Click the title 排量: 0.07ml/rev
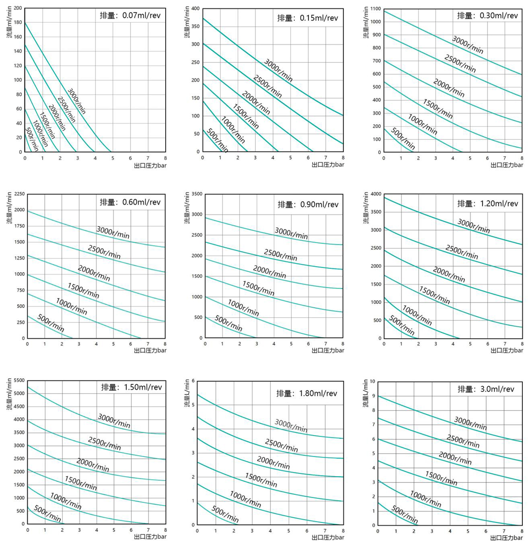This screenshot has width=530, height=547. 130,16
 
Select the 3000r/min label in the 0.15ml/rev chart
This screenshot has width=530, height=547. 278,70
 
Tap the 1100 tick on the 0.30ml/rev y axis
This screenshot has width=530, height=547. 376,9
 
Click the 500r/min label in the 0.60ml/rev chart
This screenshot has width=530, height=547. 51,323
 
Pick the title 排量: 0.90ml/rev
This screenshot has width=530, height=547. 308,205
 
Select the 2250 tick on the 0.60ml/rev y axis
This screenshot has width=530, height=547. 19,194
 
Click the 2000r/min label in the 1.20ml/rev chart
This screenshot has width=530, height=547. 449,274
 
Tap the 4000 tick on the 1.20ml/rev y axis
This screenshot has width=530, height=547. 376,194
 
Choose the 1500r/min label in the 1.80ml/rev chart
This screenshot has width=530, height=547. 261,480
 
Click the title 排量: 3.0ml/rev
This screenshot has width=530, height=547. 486,389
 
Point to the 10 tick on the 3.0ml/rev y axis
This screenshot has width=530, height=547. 372,381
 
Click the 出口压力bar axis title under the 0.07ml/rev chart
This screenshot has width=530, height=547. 150,165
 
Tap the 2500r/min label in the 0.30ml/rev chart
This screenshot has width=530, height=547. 460,64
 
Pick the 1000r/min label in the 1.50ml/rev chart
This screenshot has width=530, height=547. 66,501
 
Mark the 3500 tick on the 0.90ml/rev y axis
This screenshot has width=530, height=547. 197,194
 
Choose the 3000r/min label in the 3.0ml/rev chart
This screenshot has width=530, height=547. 470,423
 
